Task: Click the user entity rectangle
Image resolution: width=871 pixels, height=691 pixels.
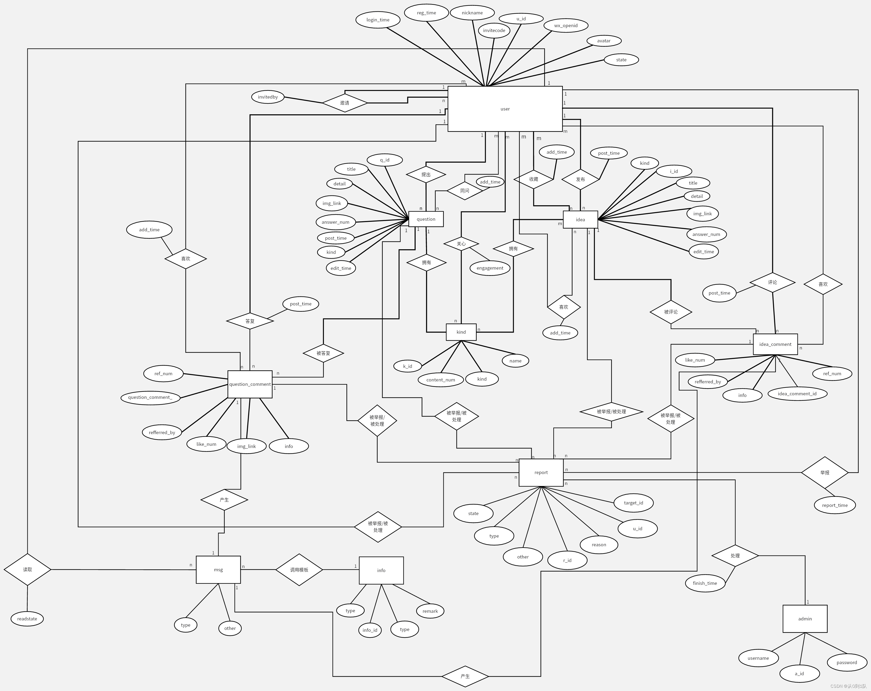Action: pyautogui.click(x=505, y=109)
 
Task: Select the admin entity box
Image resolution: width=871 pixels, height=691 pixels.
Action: pyautogui.click(x=805, y=619)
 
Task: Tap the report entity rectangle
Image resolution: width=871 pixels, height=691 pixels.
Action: pyautogui.click(x=541, y=472)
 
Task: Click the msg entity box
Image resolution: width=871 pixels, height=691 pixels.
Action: pyautogui.click(x=218, y=570)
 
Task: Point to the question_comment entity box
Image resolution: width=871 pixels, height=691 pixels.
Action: pyautogui.click(x=250, y=384)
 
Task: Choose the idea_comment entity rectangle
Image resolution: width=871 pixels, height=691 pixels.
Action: pyautogui.click(x=775, y=344)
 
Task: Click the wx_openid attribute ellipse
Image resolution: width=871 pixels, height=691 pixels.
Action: pyautogui.click(x=566, y=26)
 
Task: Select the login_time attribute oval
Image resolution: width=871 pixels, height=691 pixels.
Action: pyautogui.click(x=378, y=20)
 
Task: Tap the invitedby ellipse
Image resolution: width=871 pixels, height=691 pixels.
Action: pyautogui.click(x=268, y=97)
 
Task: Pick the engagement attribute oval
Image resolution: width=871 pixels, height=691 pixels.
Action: pyautogui.click(x=490, y=268)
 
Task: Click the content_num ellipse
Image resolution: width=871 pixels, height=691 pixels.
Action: pyautogui.click(x=440, y=380)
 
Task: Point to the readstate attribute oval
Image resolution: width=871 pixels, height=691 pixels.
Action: pyautogui.click(x=27, y=619)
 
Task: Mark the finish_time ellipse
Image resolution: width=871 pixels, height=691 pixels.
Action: pyautogui.click(x=705, y=583)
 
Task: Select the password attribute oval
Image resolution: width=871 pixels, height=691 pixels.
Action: pyautogui.click(x=847, y=662)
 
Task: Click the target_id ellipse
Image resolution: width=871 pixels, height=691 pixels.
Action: pyautogui.click(x=633, y=503)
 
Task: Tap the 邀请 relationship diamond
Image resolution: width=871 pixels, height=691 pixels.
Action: pyautogui.click(x=345, y=103)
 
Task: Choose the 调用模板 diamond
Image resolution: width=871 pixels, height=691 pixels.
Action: pyautogui.click(x=299, y=570)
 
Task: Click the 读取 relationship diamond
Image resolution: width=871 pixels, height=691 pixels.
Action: pyautogui.click(x=27, y=569)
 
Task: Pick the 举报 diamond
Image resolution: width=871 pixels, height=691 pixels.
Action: pyautogui.click(x=825, y=472)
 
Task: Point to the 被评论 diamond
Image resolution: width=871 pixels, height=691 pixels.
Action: pyautogui.click(x=671, y=312)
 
